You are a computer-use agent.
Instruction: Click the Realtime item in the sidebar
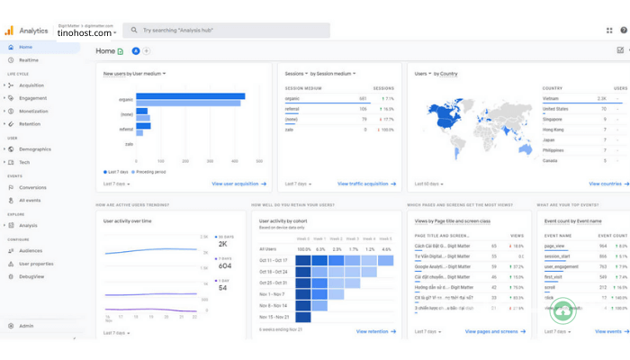tap(29, 59)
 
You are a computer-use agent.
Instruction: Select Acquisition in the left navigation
tap(31, 85)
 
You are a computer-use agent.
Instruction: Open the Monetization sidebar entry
tap(33, 111)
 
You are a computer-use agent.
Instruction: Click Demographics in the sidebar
tap(35, 148)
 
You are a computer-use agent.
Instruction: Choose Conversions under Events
tap(32, 187)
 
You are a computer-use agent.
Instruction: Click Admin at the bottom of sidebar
tap(26, 326)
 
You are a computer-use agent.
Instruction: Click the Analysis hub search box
tap(225, 30)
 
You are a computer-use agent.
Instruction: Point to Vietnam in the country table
tap(551, 98)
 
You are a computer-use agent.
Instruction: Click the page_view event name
tap(553, 246)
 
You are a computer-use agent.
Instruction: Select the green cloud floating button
tap(563, 310)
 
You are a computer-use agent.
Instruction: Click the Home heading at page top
tap(105, 51)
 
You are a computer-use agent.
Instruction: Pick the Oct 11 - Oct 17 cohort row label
tap(273, 260)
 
